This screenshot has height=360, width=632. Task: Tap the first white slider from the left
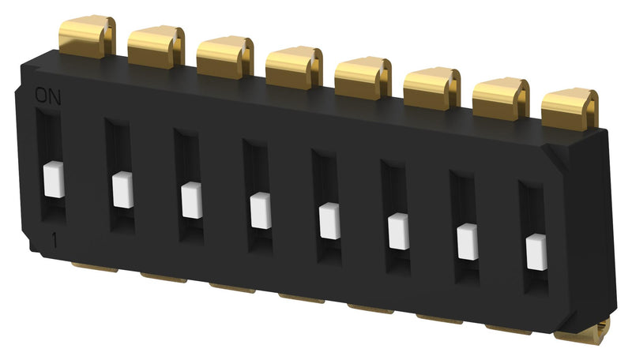point(53,179)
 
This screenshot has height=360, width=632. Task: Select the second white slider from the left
point(122,189)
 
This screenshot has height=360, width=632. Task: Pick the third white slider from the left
point(191,200)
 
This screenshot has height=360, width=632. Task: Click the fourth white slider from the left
point(260,210)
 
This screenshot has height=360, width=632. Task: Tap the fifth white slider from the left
point(329,220)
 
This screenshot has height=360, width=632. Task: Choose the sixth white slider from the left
point(398,231)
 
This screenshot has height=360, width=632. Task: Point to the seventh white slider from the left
point(468,241)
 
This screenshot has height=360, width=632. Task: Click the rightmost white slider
point(536,250)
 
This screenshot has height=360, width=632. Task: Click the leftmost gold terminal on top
point(85,36)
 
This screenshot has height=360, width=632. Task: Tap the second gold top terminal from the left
point(155,46)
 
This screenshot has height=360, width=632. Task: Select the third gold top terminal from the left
point(224,56)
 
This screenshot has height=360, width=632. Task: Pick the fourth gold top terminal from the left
point(293,66)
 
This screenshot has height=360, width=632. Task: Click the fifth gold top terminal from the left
point(363,77)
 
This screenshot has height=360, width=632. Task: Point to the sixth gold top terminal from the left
point(431,88)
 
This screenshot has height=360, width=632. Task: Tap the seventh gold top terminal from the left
point(500,98)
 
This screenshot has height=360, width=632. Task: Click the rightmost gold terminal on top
point(570,108)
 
